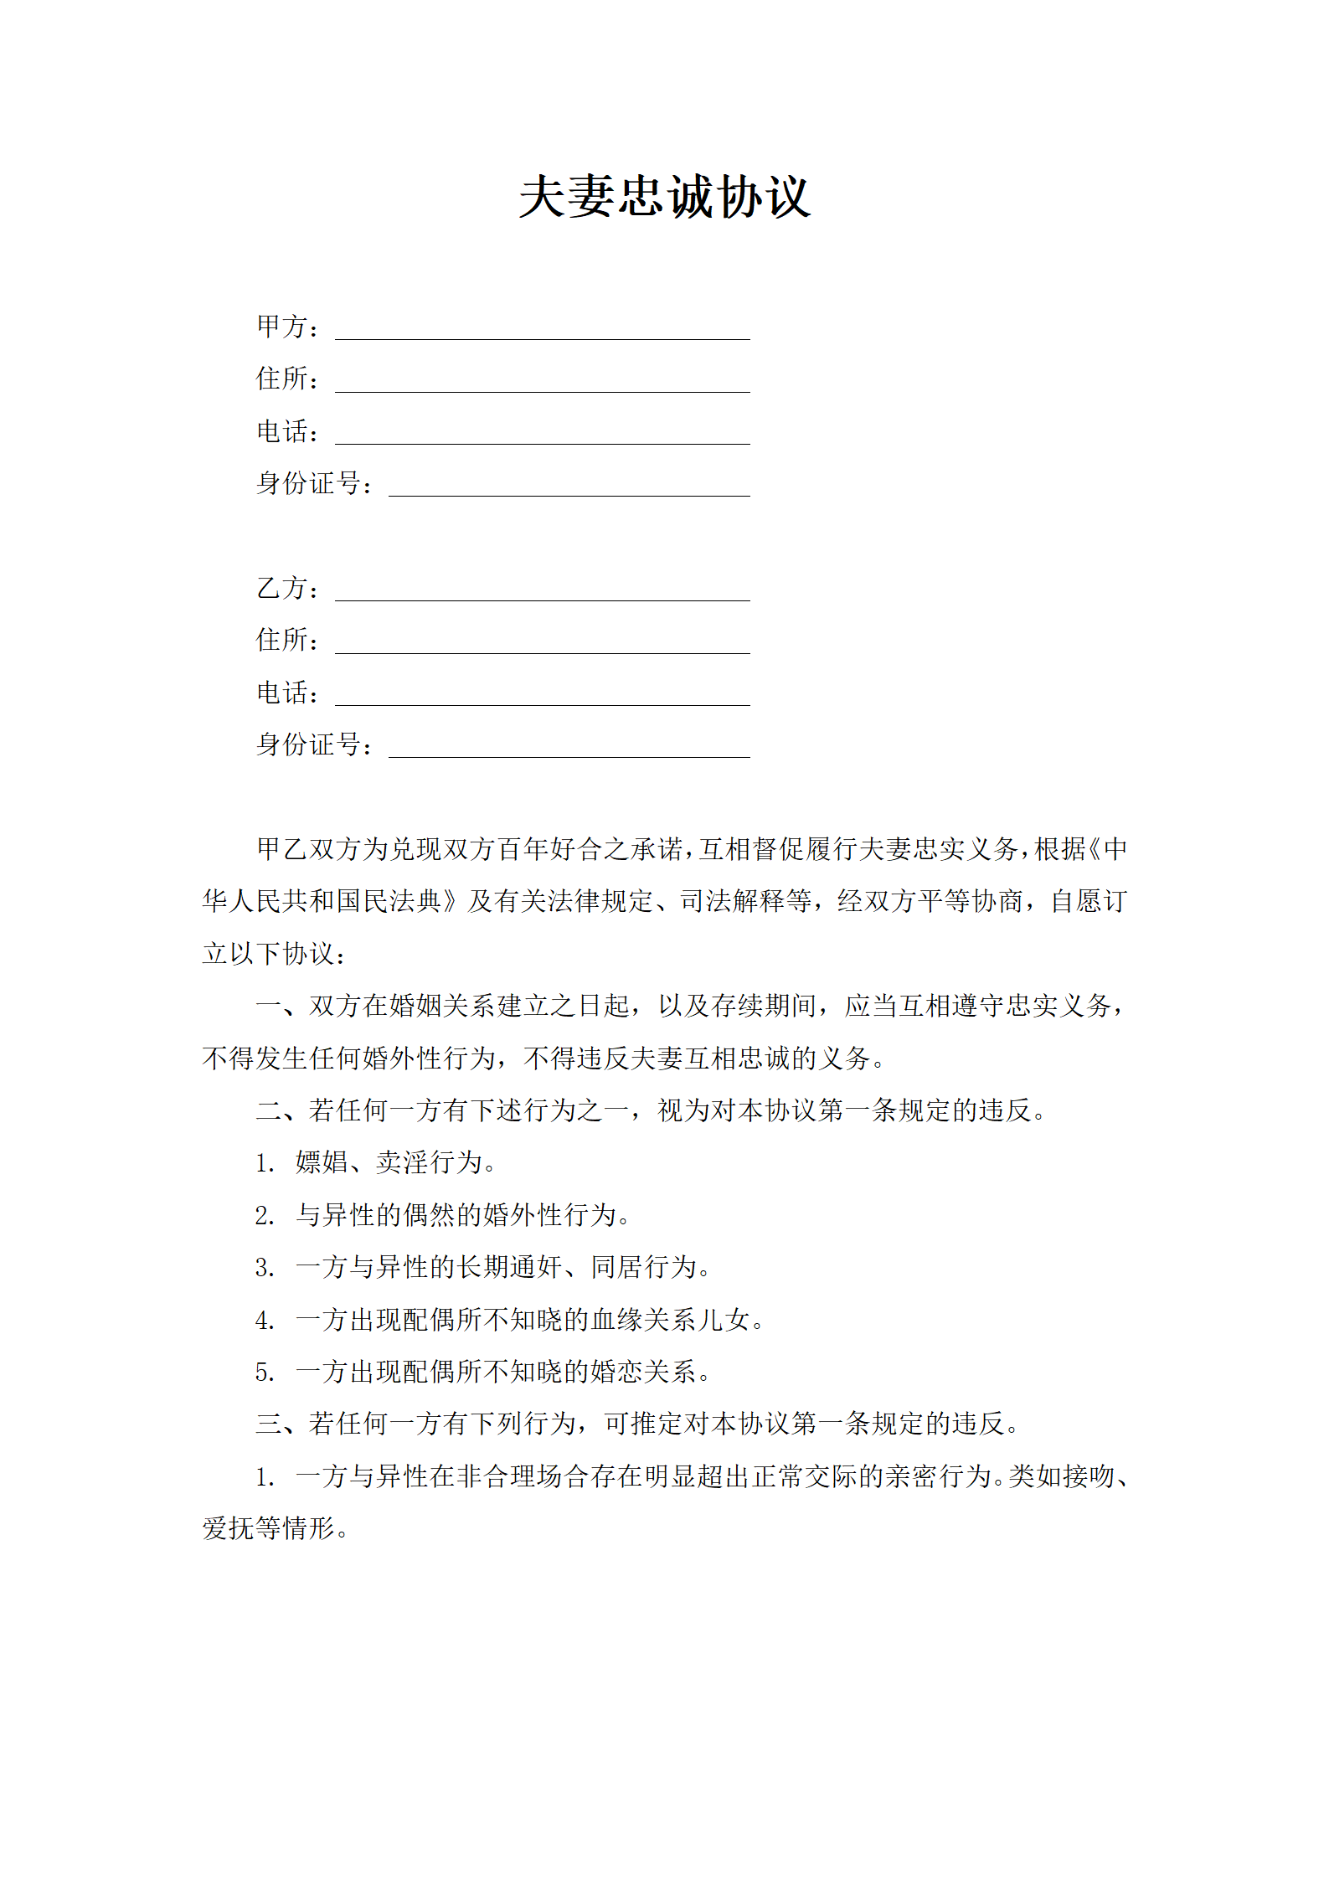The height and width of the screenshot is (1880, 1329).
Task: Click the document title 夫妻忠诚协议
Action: [x=664, y=198]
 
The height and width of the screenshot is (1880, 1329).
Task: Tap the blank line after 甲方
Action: [x=542, y=332]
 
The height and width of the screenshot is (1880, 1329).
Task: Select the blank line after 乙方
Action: [x=542, y=593]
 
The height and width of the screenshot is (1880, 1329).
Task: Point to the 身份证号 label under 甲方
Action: [x=309, y=483]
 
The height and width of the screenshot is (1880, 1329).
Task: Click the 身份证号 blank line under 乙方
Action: [x=569, y=749]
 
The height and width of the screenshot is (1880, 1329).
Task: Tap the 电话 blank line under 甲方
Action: [x=542, y=436]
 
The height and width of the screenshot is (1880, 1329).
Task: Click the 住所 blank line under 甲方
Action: [x=542, y=384]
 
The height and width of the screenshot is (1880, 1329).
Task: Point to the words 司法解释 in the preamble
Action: [x=732, y=901]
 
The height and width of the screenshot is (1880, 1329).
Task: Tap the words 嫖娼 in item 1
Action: [x=322, y=1162]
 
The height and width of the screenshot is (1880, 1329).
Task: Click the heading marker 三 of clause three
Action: [x=268, y=1424]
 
